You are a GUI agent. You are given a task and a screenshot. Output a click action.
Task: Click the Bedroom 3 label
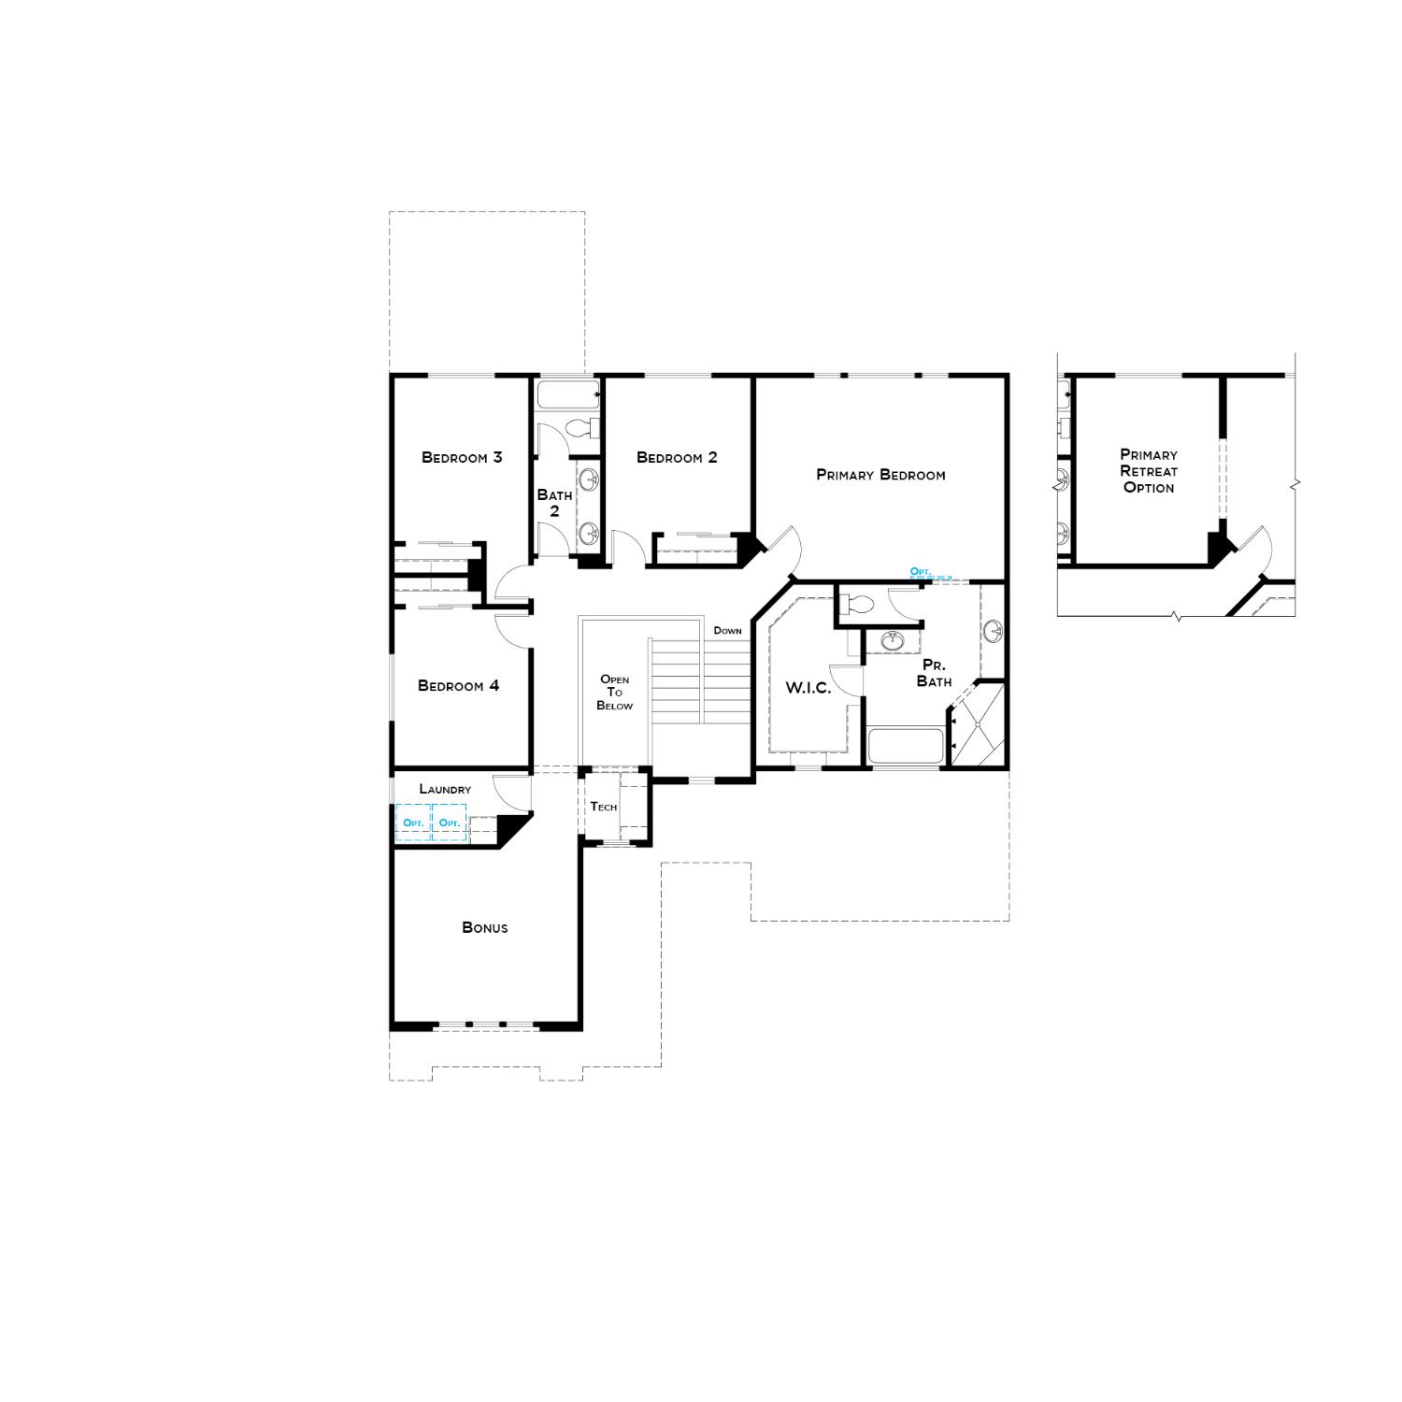pos(462,457)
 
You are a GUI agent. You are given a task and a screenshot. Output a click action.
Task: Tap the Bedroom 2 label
pos(677,457)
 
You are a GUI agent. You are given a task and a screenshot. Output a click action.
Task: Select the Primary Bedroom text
pos(880,475)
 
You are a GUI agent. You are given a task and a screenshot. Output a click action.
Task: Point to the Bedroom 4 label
pos(458,686)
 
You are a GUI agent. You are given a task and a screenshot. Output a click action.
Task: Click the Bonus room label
pos(485,927)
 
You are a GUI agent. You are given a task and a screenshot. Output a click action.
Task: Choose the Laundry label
pos(445,789)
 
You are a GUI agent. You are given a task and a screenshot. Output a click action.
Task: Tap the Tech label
pos(603,807)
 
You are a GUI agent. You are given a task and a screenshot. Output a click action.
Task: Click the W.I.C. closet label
pos(808,688)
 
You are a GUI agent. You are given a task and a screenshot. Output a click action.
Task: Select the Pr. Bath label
pos(934,673)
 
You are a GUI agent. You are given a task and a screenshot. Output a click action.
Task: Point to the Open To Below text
pos(614,693)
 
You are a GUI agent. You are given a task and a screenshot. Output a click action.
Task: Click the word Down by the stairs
pos(727,631)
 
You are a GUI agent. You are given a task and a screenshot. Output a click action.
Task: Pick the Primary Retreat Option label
pos(1149,471)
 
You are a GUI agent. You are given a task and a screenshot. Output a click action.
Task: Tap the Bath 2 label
pos(554,503)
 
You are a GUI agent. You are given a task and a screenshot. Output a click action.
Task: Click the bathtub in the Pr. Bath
pos(905,747)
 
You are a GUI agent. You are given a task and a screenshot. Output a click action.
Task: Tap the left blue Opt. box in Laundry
pos(413,823)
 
